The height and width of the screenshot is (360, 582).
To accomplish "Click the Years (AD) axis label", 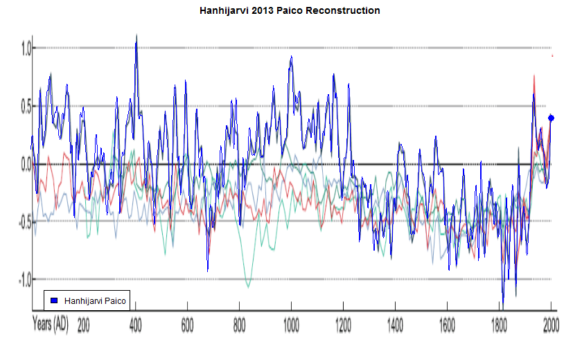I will point(51,323).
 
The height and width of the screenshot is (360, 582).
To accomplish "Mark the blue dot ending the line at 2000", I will point(552,118).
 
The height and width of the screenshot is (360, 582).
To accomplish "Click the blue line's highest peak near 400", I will point(136,36).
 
